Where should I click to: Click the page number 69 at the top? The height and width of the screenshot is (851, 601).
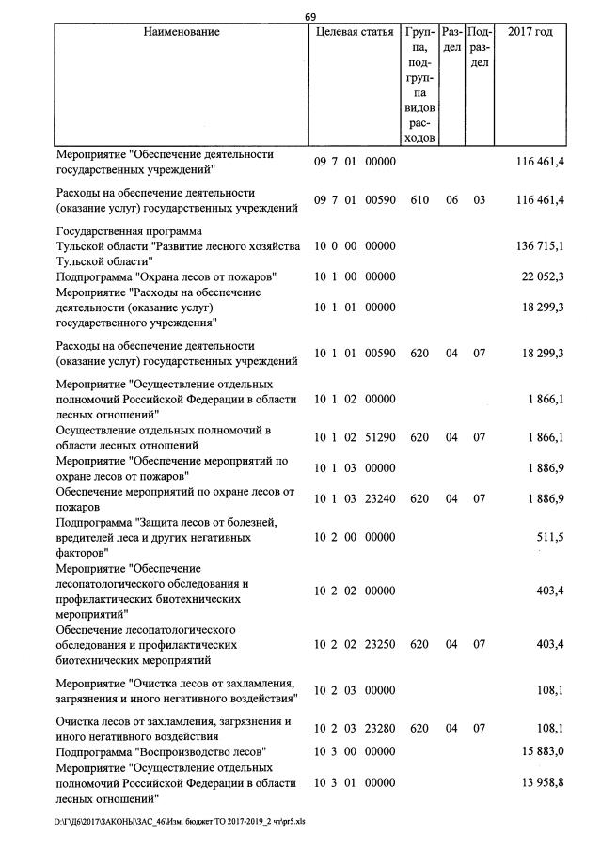tap(311, 16)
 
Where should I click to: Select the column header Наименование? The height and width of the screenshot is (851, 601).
tap(182, 32)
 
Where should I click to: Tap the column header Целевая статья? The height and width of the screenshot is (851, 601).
tap(354, 32)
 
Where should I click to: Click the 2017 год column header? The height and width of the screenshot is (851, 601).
tap(530, 32)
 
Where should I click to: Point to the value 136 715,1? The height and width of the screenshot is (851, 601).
tap(540, 246)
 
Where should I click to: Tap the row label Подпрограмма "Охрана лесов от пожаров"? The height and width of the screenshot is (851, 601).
tap(166, 277)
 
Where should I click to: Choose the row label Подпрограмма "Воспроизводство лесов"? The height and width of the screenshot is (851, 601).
tap(161, 752)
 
